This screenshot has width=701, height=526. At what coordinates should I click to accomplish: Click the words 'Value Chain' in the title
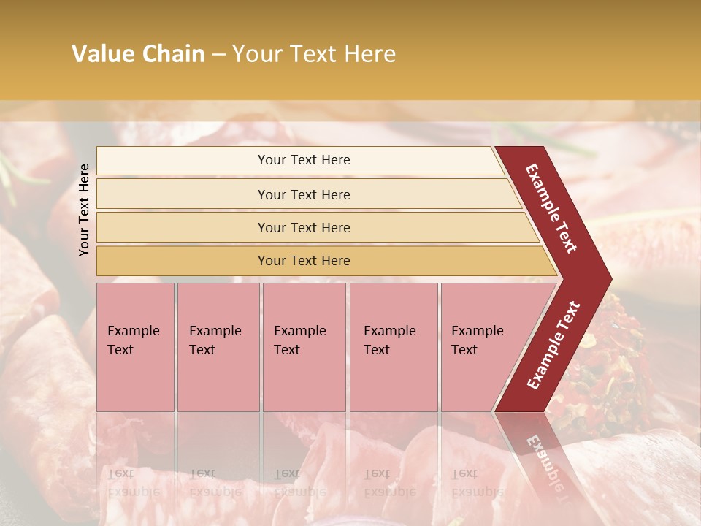tap(138, 54)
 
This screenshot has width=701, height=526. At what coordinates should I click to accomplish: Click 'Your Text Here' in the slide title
tap(314, 54)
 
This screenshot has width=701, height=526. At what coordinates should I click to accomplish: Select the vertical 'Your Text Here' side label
tap(84, 210)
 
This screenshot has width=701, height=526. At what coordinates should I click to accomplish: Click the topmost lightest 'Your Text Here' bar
tap(304, 160)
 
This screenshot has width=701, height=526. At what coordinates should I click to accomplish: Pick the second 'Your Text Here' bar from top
tap(304, 194)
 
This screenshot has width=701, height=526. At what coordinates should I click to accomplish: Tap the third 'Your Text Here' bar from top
tap(304, 227)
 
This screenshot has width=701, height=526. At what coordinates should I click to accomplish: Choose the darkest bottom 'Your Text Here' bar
tap(304, 261)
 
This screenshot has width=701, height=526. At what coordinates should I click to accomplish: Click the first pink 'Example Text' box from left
tap(135, 346)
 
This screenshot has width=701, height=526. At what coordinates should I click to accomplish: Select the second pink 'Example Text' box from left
tap(218, 346)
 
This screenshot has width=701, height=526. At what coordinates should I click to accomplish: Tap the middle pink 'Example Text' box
tap(304, 346)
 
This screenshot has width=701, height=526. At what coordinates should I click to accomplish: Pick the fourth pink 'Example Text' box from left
tap(394, 346)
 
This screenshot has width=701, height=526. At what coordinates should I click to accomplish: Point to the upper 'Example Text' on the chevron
tap(551, 207)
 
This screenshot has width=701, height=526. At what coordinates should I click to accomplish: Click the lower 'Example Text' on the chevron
tap(553, 345)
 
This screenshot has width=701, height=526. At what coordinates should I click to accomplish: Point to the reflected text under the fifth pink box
tap(477, 482)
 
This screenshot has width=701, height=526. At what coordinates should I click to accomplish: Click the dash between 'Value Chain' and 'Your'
tap(218, 55)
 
